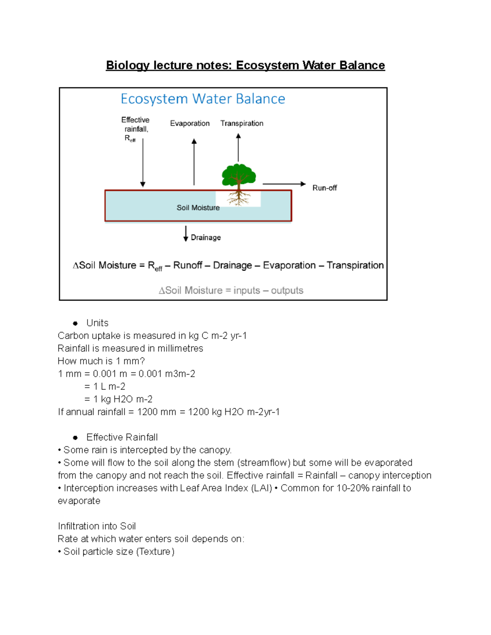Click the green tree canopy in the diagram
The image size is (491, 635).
pos(239,175)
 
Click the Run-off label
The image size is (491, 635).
pos(324,188)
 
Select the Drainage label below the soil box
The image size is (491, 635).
pos(205,238)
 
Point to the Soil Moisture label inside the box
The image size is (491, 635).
pos(198,208)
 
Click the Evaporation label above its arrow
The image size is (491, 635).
pos(190,123)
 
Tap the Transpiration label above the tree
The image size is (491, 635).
pos(242,123)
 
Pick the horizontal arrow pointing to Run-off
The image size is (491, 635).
pos(284,184)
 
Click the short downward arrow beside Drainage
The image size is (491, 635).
pos(186,233)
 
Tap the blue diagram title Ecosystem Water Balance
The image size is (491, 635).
pos(203,99)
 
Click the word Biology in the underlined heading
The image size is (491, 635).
pos(127,65)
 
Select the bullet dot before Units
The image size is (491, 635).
pos(75,323)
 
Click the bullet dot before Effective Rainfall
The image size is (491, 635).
pos(75,438)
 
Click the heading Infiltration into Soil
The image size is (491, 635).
pos(97,526)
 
